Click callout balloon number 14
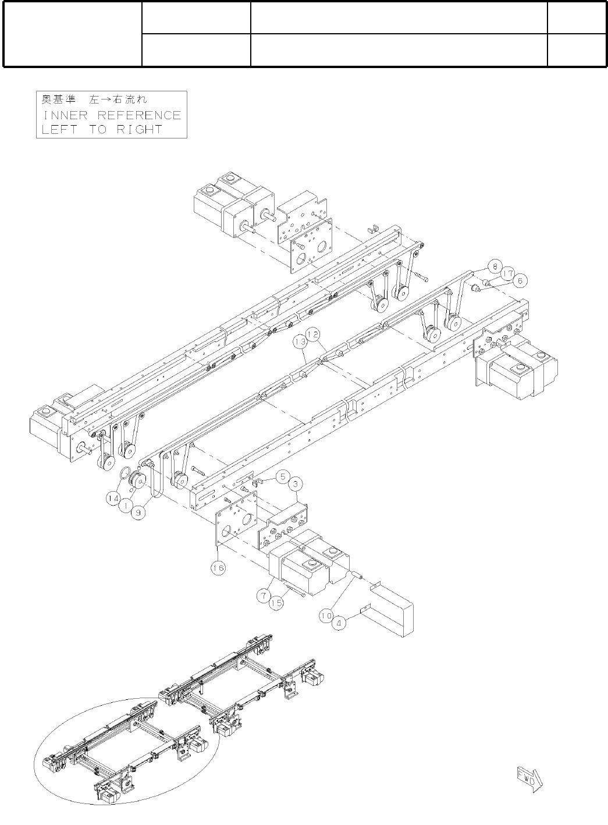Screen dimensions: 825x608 pos(113,498)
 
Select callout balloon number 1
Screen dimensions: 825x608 pos(125,506)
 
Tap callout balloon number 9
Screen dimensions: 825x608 pos(137,513)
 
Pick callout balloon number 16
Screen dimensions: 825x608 pos(218,567)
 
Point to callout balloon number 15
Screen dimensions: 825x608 pos(277,603)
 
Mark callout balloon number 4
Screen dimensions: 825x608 pos(339,623)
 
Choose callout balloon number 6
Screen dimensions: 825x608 pos(521,280)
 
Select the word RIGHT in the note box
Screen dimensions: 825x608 pos(139,129)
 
